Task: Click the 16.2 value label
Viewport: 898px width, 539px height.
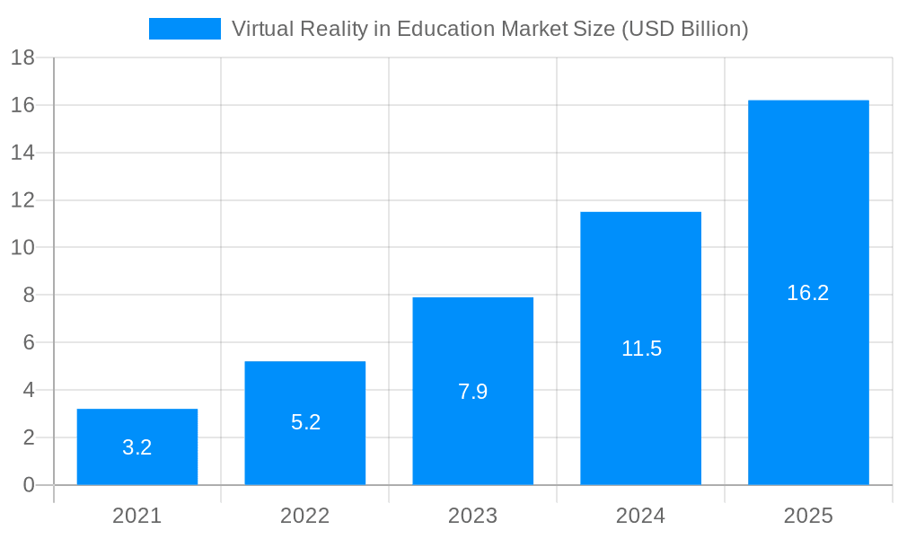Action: [x=808, y=293]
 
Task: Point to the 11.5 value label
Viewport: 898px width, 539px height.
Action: [x=641, y=349]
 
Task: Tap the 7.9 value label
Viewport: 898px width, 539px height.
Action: [x=473, y=392]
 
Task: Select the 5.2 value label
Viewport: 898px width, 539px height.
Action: [x=305, y=422]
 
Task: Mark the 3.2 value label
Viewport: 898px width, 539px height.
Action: [x=137, y=447]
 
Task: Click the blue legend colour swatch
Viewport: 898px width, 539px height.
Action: [x=185, y=29]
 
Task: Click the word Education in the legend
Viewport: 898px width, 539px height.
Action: [x=446, y=29]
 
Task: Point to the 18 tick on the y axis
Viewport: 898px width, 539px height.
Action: [x=22, y=58]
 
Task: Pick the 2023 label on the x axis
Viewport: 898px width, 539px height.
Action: [x=473, y=516]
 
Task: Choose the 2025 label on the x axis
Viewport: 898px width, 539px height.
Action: [x=808, y=516]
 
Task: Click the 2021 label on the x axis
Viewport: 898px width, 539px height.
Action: [x=137, y=516]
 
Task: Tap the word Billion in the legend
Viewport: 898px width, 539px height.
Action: [x=709, y=29]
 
